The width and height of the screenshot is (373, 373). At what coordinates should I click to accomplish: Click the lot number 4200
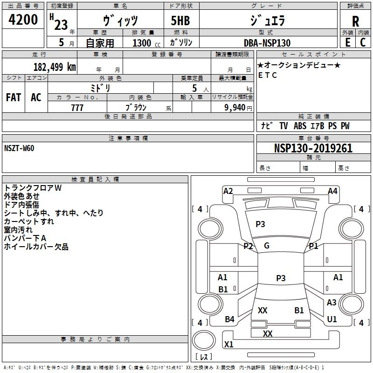point(23,21)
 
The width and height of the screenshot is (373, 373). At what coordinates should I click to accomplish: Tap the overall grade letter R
point(355,21)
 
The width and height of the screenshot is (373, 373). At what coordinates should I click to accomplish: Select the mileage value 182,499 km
point(55,67)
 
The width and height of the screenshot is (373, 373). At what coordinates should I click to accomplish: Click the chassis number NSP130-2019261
point(313,149)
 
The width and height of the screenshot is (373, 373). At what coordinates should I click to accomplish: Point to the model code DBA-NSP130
point(267,43)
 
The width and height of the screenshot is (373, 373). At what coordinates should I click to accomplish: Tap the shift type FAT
point(13,97)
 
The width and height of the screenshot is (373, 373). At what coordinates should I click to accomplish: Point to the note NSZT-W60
point(19,148)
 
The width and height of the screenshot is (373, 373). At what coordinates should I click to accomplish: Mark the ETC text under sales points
point(268,75)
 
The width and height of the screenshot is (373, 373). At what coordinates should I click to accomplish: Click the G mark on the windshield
point(267,246)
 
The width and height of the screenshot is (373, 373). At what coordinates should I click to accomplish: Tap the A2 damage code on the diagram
point(228,191)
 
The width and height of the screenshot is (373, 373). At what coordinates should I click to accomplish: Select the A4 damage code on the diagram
point(332,191)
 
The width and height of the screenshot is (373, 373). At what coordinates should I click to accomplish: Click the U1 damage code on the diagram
point(332,319)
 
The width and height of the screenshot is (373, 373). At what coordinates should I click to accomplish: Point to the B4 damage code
point(229,319)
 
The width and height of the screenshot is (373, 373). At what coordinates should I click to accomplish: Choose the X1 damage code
point(228,345)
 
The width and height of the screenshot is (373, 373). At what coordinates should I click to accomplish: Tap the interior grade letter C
point(363,42)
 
